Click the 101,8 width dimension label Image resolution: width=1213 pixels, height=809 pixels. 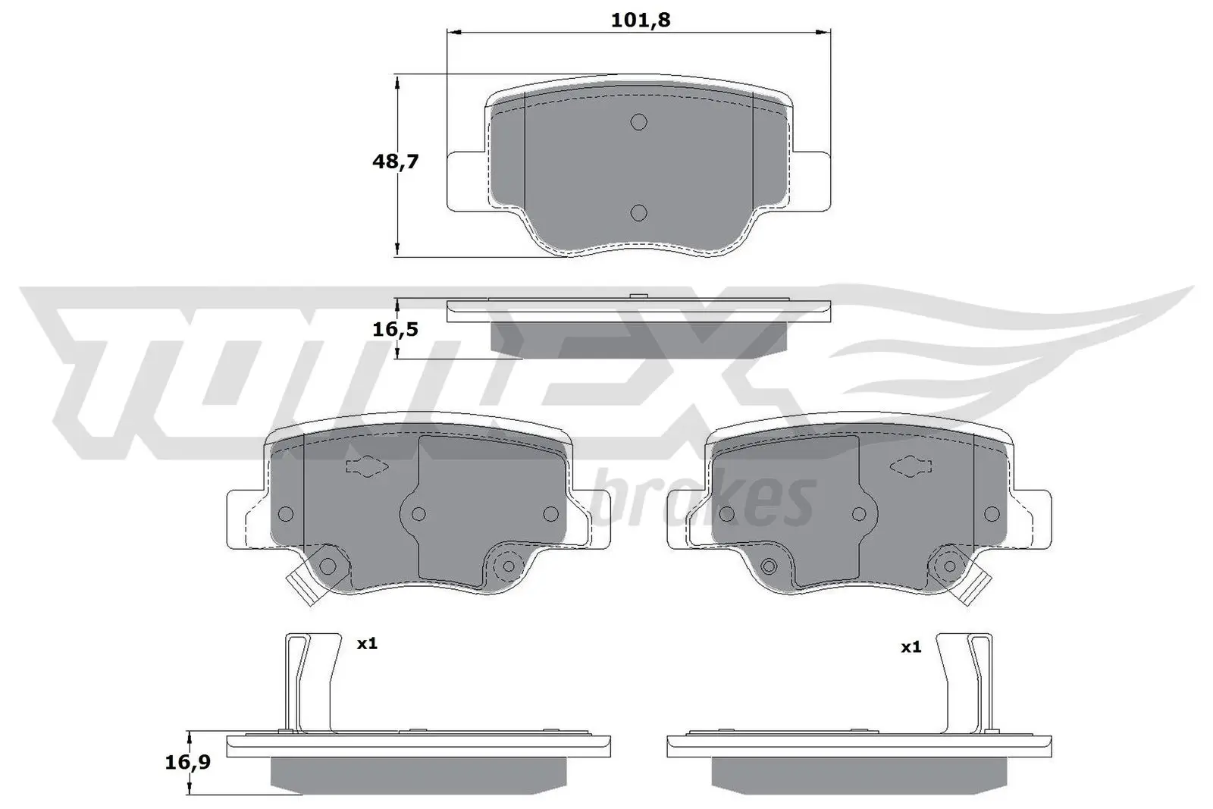tap(641, 20)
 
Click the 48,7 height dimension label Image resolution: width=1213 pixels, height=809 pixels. tap(395, 161)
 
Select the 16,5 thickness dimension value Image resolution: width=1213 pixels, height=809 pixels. tap(396, 329)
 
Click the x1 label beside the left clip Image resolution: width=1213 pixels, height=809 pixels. tap(367, 644)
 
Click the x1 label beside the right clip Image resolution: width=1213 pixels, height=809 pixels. tap(911, 647)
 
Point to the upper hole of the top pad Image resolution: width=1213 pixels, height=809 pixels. tap(638, 122)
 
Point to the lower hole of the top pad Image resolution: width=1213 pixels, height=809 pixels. tap(638, 213)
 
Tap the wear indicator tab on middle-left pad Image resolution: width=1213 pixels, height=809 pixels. tap(300, 588)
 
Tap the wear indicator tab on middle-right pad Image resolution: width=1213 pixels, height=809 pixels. tap(974, 588)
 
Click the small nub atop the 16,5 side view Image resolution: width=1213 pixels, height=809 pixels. tap(638, 296)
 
